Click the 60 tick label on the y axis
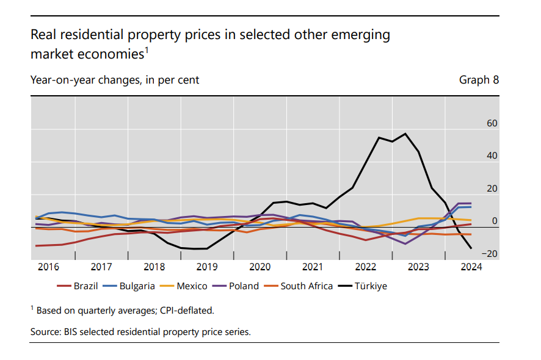492,123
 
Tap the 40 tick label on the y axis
492,156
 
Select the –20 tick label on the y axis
490,254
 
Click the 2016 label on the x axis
48,267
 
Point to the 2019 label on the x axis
207,267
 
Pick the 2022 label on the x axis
366,267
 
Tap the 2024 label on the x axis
472,267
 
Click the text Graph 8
479,80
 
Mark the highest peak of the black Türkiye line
405,134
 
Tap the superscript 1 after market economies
147,50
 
